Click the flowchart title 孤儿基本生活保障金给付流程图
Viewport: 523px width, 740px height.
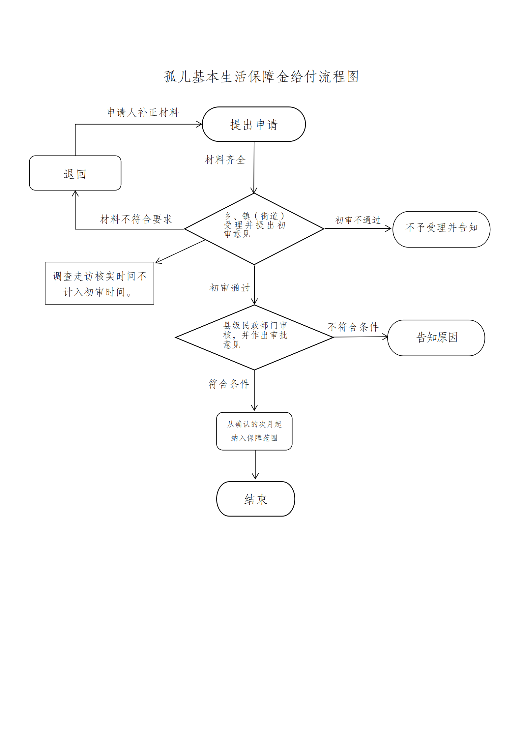click(261, 76)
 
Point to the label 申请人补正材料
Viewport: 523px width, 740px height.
click(143, 112)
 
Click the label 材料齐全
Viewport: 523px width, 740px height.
click(225, 160)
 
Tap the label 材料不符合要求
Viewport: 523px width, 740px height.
click(136, 219)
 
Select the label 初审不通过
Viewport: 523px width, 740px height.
click(358, 220)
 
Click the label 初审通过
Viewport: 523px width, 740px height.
click(230, 288)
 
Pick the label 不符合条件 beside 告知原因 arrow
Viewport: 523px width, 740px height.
click(353, 327)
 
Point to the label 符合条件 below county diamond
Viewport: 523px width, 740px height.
click(229, 384)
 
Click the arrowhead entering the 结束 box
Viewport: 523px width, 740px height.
click(255, 477)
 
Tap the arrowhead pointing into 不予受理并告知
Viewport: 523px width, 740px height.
click(389, 228)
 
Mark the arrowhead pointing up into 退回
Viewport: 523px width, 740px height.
click(75, 193)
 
